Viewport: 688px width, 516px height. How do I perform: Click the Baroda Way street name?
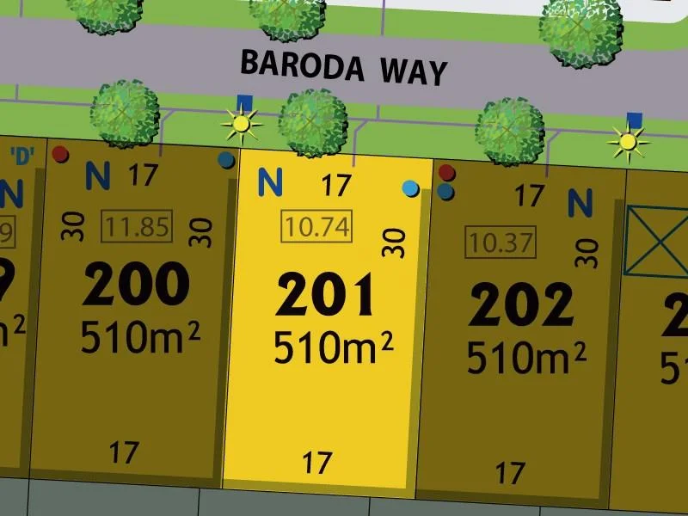(x=344, y=66)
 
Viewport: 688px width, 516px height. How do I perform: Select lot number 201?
(x=327, y=295)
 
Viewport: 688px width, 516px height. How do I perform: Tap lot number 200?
(x=138, y=284)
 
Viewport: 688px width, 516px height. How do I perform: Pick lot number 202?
(x=520, y=303)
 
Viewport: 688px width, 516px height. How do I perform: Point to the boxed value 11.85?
(x=137, y=228)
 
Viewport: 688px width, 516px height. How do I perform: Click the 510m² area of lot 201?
(x=333, y=348)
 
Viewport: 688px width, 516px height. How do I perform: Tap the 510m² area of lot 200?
(x=140, y=336)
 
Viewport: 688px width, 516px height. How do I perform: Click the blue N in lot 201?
(x=271, y=182)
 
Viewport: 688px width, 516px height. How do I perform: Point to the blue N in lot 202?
(x=580, y=203)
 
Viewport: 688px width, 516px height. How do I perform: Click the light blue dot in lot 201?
(x=411, y=188)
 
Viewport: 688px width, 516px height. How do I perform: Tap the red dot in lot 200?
(x=59, y=155)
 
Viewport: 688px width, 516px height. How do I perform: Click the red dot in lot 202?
(x=445, y=175)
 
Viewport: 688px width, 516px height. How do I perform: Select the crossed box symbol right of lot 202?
(x=657, y=240)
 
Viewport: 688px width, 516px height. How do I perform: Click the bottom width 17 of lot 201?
(x=317, y=463)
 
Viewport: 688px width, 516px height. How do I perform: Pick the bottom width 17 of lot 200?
(x=126, y=451)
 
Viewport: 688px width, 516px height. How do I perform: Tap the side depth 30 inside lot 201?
(x=393, y=243)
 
